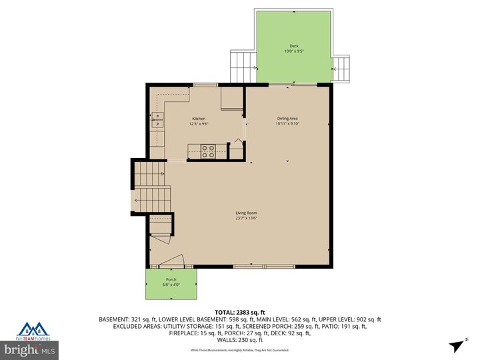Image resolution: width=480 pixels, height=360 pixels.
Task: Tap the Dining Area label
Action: click(x=287, y=119)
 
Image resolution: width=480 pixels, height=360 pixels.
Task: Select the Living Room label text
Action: click(x=246, y=213)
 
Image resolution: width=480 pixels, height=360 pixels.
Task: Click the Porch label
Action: click(x=171, y=280)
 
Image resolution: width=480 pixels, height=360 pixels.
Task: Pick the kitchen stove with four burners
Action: click(x=207, y=151)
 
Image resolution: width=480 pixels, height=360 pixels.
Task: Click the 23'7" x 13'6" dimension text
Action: click(x=246, y=218)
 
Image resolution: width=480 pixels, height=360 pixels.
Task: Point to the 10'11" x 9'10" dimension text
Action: click(x=287, y=123)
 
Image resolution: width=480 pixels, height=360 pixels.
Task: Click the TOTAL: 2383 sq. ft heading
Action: click(x=240, y=312)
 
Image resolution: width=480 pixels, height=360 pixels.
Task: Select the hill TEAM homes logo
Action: click(x=33, y=331)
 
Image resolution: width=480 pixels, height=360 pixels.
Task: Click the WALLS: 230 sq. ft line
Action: click(x=240, y=340)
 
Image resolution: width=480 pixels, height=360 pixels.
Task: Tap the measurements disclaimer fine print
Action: click(x=240, y=350)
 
